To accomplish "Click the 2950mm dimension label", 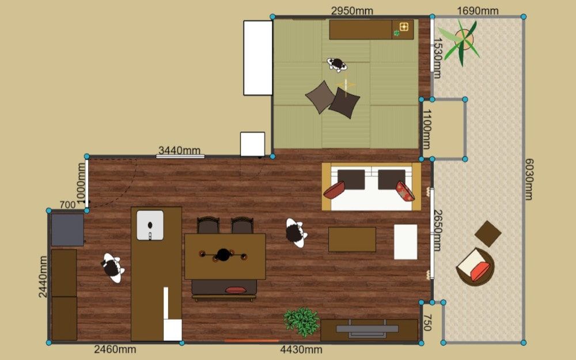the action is click(352, 10).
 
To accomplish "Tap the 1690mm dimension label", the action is click(478, 10).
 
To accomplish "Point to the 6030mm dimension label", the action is click(529, 179).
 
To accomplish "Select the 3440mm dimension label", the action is click(179, 150).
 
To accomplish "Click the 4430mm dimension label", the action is click(301, 350).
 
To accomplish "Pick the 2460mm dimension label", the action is click(115, 350).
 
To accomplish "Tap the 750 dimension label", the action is click(427, 322).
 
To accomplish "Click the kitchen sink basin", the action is click(150, 225).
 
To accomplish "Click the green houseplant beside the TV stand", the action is click(301, 322).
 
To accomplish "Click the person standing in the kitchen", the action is click(112, 268).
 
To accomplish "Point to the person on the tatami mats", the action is click(337, 65).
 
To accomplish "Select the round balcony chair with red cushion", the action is click(475, 267).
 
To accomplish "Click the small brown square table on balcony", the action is click(488, 234).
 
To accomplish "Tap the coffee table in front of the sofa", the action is click(352, 240).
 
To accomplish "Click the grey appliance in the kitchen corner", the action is click(67, 230).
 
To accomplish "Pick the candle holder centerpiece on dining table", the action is click(223, 255).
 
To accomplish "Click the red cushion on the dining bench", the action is click(236, 290).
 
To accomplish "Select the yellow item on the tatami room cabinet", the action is click(404, 26).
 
